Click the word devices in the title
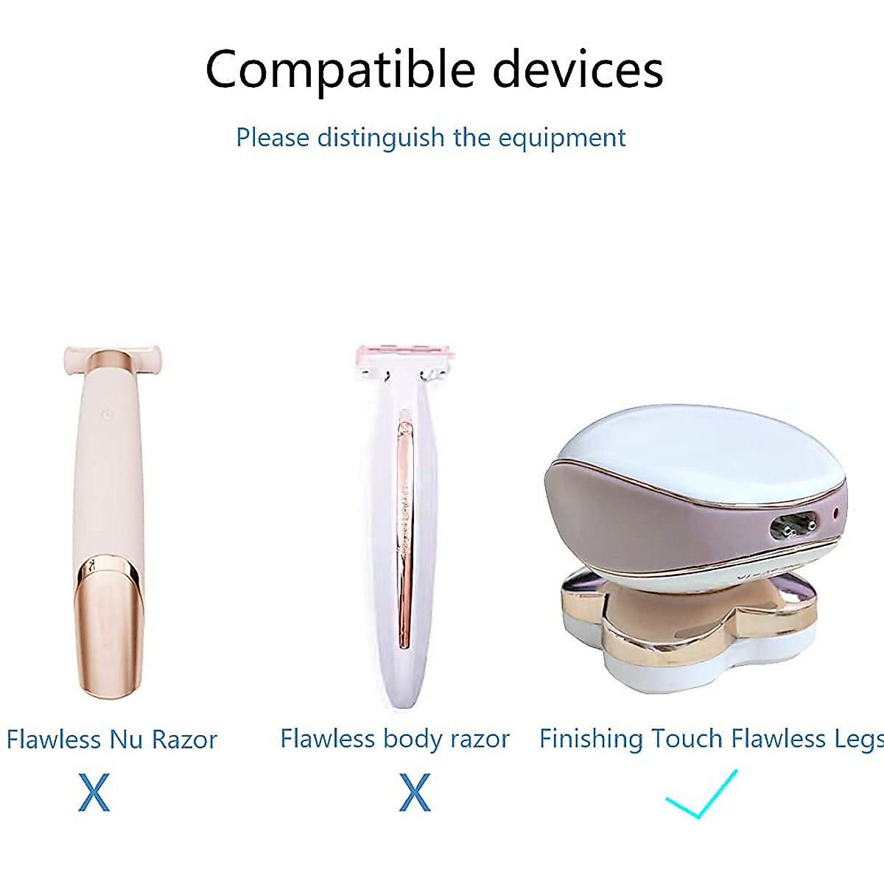(578, 70)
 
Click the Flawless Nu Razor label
(112, 739)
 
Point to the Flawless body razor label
(395, 738)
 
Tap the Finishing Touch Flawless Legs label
(712, 738)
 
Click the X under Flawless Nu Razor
(94, 793)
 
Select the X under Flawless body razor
(415, 793)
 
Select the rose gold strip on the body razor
(404, 530)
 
